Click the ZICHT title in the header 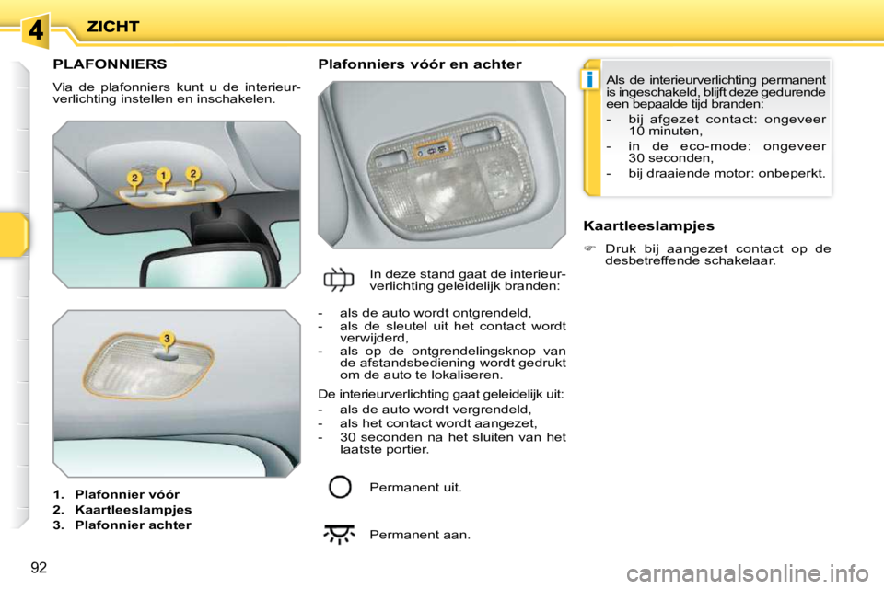(x=112, y=26)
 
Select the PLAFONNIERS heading (x=110, y=64)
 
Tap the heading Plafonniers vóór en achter (x=419, y=64)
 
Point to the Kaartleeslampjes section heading (x=649, y=225)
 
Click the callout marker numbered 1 (x=163, y=174)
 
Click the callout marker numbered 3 (x=167, y=339)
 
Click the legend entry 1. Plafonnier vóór (x=116, y=494)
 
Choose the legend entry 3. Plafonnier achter (x=122, y=525)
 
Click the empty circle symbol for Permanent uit (x=340, y=487)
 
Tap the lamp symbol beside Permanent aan (x=340, y=535)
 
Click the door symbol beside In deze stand (x=340, y=279)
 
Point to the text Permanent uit (x=415, y=487)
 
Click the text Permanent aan (x=419, y=535)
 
